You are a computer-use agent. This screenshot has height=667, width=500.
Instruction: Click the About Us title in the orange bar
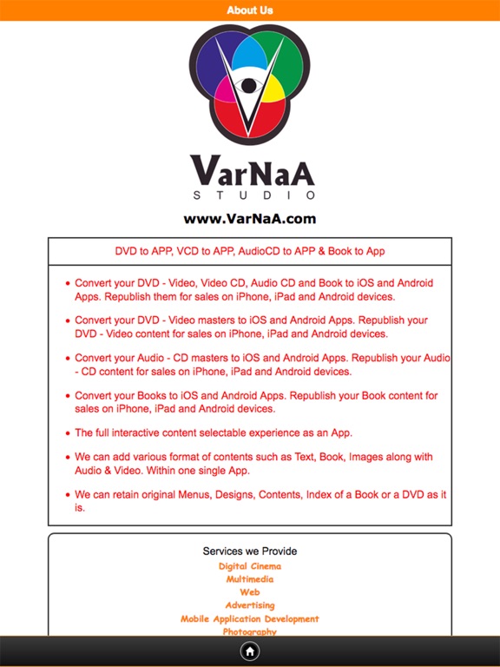point(249,10)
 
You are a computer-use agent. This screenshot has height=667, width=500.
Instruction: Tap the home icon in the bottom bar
point(250,650)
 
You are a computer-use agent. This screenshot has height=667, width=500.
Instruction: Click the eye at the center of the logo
point(250,87)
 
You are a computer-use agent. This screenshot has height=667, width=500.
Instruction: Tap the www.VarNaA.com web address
point(250,219)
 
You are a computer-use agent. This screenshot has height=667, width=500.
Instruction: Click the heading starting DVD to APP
point(250,251)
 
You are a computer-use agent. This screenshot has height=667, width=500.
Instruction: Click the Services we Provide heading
point(250,551)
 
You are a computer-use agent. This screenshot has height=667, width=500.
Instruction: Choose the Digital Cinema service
point(250,566)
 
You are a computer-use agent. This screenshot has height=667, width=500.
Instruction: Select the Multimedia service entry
point(250,579)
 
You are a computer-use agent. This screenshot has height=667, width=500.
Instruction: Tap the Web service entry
point(250,592)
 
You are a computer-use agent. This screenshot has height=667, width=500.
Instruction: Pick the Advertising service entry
point(250,605)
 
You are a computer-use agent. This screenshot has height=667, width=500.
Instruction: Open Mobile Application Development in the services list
point(250,619)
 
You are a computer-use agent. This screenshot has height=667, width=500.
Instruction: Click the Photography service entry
point(250,631)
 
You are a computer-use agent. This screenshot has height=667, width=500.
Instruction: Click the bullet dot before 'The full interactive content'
point(67,433)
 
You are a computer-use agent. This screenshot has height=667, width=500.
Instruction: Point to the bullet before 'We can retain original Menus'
point(67,495)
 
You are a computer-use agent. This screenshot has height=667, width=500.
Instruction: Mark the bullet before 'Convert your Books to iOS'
point(67,396)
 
